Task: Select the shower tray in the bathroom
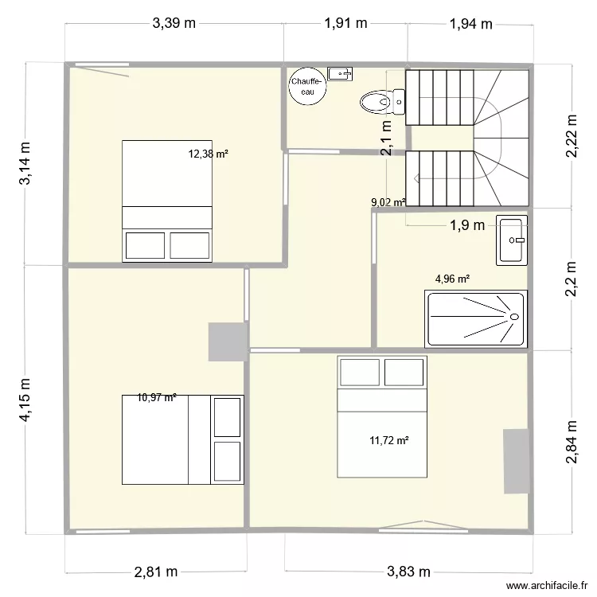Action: [x=476, y=318]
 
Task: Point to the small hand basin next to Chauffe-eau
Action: [x=341, y=74]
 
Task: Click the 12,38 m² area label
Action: [x=208, y=154]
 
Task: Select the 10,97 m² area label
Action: [x=156, y=397]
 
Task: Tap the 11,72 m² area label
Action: [x=388, y=439]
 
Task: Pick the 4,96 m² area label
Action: [x=451, y=279]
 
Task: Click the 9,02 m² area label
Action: [x=388, y=202]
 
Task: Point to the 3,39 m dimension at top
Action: [x=174, y=23]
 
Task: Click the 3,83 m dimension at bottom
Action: [x=408, y=572]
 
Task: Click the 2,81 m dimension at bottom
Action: [x=155, y=572]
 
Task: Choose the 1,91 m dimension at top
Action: [x=345, y=23]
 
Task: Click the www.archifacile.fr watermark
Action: [x=540, y=583]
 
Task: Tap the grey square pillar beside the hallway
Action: [x=226, y=341]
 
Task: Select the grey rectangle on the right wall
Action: [x=516, y=461]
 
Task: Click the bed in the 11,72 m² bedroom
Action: [x=382, y=416]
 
